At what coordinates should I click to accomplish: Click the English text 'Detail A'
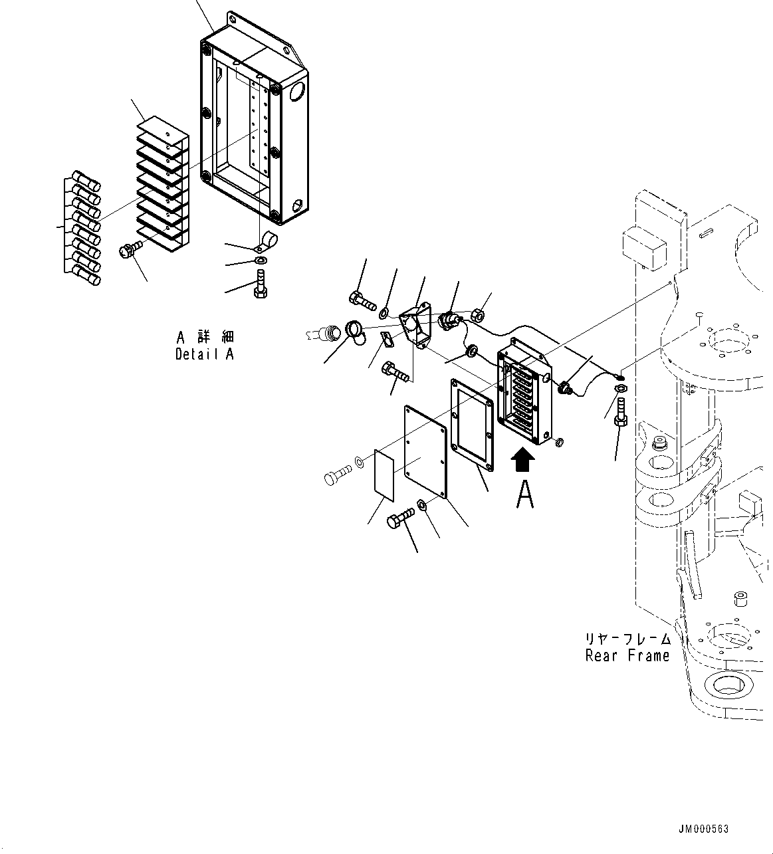tap(204, 354)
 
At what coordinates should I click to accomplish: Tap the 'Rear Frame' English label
tap(627, 656)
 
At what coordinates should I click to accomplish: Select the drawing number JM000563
tap(703, 829)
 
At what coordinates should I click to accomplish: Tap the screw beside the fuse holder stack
tap(130, 251)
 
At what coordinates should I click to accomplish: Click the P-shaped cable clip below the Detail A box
tap(268, 241)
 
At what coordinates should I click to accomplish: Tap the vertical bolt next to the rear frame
tap(620, 413)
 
